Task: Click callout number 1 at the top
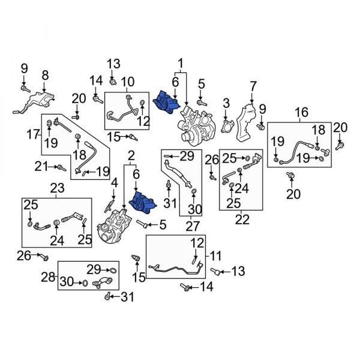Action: (x=179, y=62)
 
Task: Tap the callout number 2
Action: (x=130, y=158)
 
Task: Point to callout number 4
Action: (x=114, y=184)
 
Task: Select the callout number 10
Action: (x=127, y=82)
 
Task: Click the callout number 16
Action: (x=301, y=112)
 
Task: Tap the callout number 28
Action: (x=49, y=277)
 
